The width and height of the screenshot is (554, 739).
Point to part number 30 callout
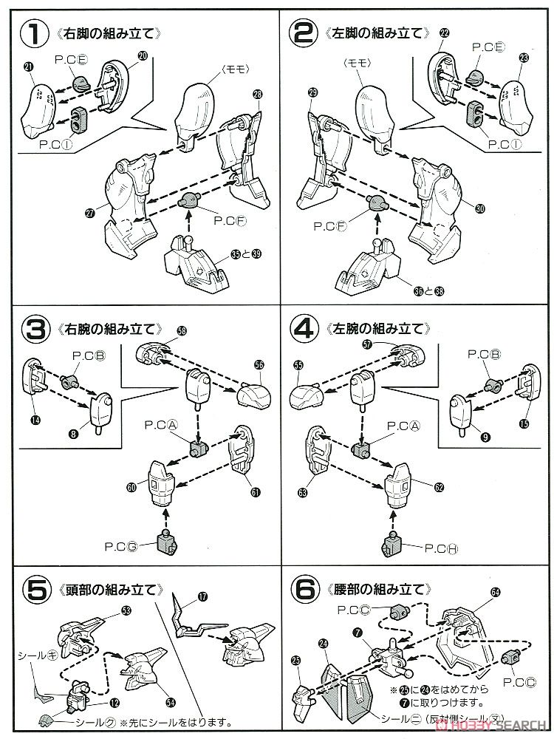(x=480, y=210)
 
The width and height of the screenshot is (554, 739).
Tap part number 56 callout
(x=259, y=364)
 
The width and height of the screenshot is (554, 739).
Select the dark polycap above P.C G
(x=168, y=543)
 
